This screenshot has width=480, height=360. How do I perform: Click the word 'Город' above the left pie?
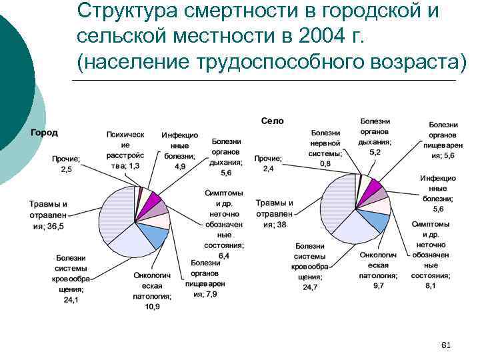coord(44,132)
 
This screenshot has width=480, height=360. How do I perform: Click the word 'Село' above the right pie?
coord(272,121)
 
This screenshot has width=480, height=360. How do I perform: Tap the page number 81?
coord(447,345)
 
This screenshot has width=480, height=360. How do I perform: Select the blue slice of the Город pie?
coord(153,235)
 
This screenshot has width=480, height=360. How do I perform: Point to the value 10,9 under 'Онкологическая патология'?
coord(152,307)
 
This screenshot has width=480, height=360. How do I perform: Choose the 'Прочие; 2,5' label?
coord(66,165)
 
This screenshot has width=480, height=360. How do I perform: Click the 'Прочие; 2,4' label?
coord(268,164)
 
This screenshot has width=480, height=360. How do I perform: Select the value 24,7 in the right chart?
coord(310,287)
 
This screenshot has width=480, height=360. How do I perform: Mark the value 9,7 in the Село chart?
coord(378,285)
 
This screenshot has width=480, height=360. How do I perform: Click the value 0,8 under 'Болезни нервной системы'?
coord(325,163)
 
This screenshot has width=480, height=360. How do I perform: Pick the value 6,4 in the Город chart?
coord(223,255)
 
